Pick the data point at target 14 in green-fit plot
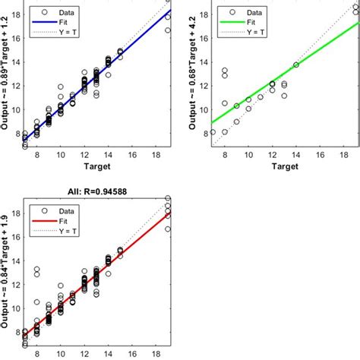(296, 65)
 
